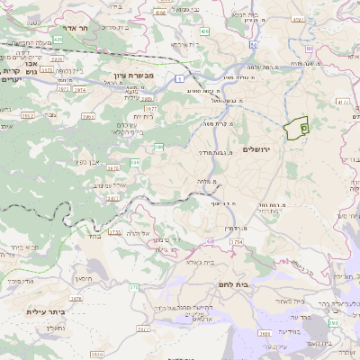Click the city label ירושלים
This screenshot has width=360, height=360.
[x=264, y=148]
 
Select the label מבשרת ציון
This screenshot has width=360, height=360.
[x=134, y=75]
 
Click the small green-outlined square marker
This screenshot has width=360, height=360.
[x=303, y=130]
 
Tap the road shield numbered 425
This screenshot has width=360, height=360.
[x=58, y=40]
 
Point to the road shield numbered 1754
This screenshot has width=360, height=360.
[x=238, y=242]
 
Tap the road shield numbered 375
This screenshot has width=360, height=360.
[x=134, y=288]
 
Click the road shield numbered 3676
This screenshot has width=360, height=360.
[x=76, y=298]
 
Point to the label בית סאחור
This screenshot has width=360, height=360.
[x=293, y=301]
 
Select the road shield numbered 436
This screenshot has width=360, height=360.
[x=205, y=31]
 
